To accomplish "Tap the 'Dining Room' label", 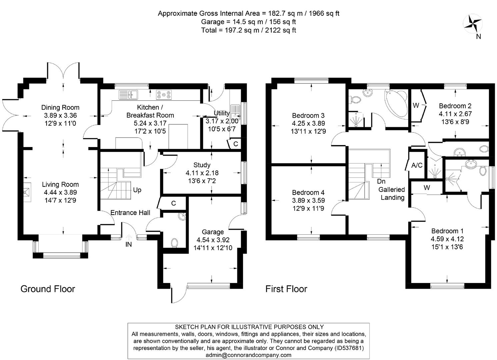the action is click(60, 108).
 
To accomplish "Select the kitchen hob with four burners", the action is click(164, 95).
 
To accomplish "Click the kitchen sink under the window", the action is click(128, 95).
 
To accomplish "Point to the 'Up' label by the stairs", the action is click(137, 190).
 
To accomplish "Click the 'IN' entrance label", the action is click(128, 244).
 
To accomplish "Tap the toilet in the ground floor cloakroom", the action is click(175, 243).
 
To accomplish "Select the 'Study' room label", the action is click(202, 165).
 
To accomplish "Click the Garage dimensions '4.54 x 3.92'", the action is click(213, 240).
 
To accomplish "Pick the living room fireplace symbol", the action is click(28, 192).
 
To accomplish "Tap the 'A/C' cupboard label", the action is click(417, 165).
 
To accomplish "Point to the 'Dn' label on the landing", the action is click(381, 181).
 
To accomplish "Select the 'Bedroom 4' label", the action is click(308, 192).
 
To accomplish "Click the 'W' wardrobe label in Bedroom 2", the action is click(416, 105).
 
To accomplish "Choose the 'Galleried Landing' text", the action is click(392, 193).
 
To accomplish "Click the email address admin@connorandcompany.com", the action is click(249, 355).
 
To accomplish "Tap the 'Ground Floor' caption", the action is click(48, 289).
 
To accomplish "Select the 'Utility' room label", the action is click(221, 113).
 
